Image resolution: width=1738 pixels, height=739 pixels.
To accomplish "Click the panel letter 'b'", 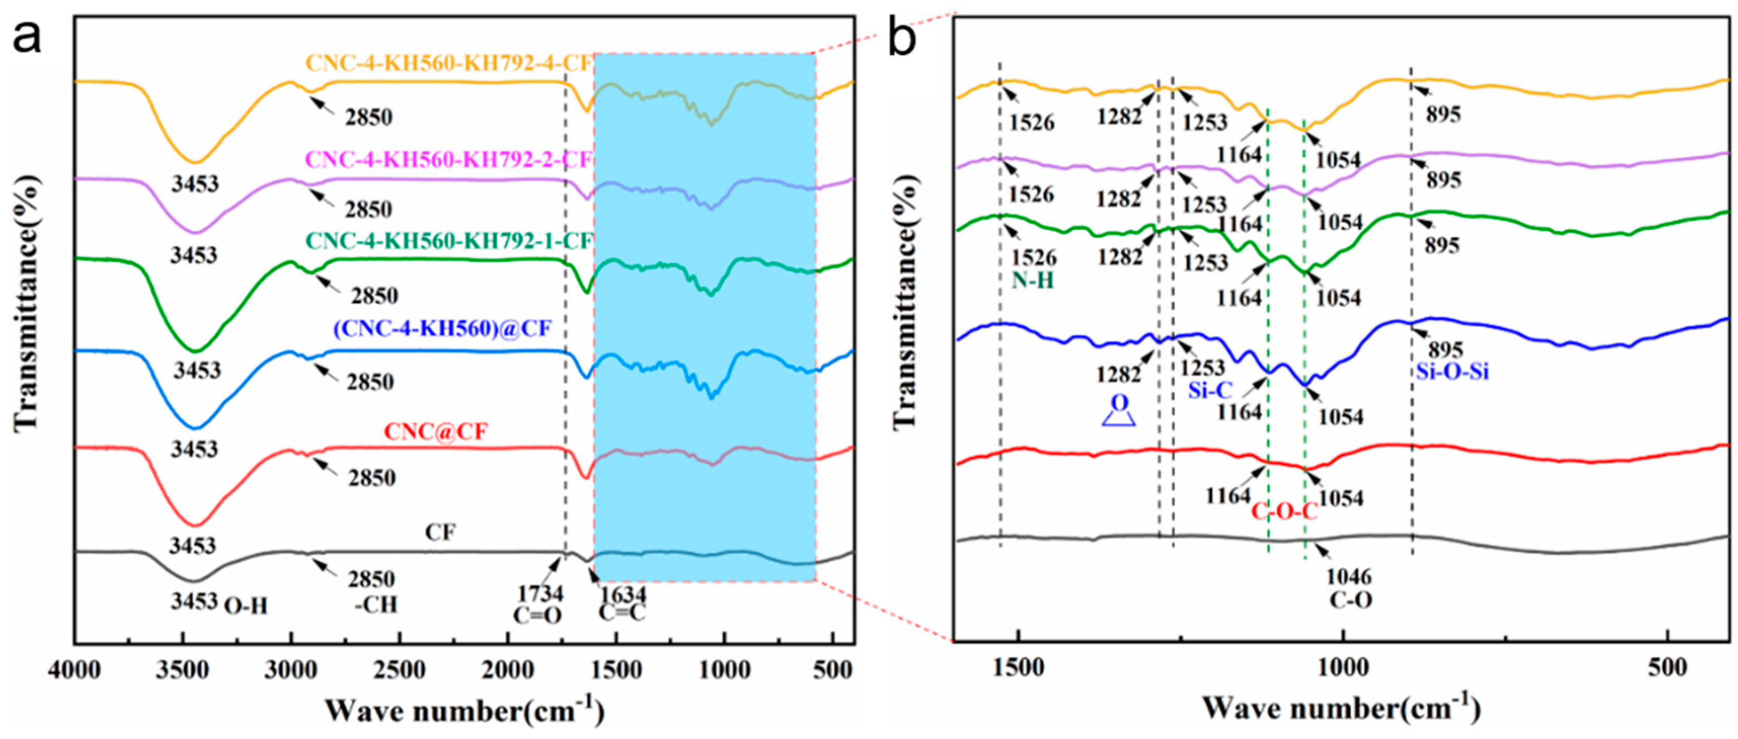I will pyautogui.click(x=903, y=37).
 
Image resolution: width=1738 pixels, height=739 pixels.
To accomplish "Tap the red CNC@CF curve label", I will pyautogui.click(x=435, y=431).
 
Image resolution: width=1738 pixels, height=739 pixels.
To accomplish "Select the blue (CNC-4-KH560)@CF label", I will pyautogui.click(x=442, y=329).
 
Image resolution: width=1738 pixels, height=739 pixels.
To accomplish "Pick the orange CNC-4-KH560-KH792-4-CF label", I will pyautogui.click(x=449, y=63).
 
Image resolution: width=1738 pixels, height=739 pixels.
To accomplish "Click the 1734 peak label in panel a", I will pyautogui.click(x=540, y=594).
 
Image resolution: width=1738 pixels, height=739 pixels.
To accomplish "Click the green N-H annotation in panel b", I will pyautogui.click(x=1032, y=280).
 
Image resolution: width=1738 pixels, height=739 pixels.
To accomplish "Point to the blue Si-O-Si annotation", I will pyautogui.click(x=1452, y=371).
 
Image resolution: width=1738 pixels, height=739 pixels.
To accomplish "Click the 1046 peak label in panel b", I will pyautogui.click(x=1349, y=577).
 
